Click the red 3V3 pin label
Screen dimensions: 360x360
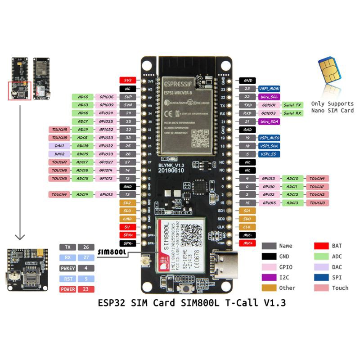(127, 80)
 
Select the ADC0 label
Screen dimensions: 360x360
(83, 97)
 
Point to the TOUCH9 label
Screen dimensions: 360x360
(59, 130)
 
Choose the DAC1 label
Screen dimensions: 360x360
(59, 146)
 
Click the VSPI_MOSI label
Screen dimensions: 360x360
(269, 89)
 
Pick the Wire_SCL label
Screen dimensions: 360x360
(269, 97)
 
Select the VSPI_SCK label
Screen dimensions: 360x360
(269, 146)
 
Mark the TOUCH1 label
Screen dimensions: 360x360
(317, 186)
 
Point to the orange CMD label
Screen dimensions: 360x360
(127, 219)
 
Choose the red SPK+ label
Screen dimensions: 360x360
(127, 235)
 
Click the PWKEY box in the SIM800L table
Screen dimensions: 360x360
(67, 268)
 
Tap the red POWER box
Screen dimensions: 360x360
(67, 289)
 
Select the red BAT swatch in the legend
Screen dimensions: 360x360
(320, 246)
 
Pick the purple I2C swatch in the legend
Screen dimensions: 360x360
(269, 277)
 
